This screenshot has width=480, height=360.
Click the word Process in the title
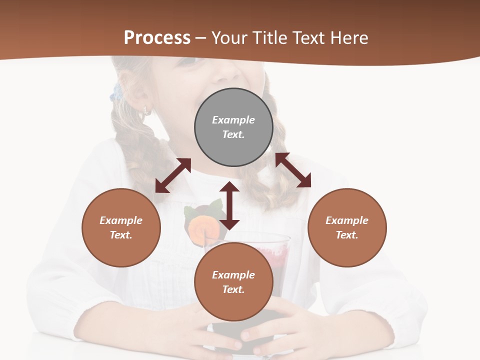point(157,38)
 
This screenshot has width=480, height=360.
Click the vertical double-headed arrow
point(229,205)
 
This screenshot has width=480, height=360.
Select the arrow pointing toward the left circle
point(173,175)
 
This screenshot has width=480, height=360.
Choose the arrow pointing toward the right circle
point(293,170)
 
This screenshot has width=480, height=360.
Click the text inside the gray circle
point(233,127)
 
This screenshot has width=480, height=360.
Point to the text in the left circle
point(121,227)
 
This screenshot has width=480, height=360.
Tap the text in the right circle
point(347,227)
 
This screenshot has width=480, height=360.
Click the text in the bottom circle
point(233,282)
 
